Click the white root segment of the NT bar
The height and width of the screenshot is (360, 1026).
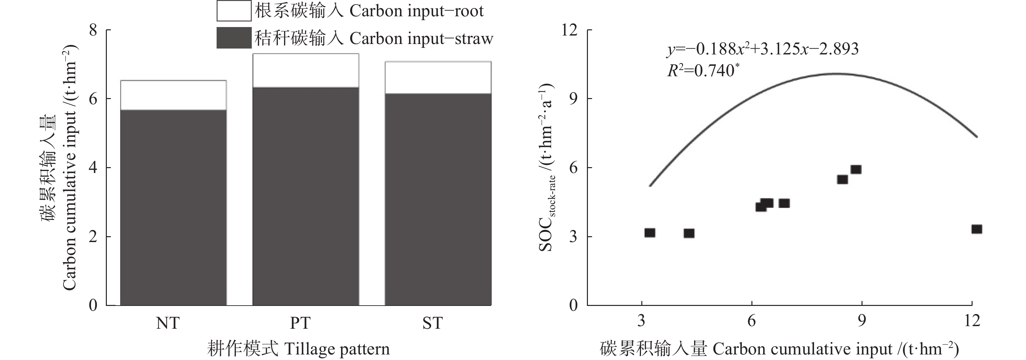(x=173, y=95)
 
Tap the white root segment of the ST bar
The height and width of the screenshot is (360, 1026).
(x=438, y=78)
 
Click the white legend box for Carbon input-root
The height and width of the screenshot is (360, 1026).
(x=234, y=11)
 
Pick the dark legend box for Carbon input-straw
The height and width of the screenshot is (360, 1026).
(x=234, y=38)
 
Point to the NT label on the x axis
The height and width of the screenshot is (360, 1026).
(x=168, y=323)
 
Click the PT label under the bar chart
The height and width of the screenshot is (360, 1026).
(x=300, y=323)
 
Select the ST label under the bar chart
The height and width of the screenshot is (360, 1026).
(x=432, y=323)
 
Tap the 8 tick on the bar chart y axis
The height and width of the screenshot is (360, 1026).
(x=93, y=30)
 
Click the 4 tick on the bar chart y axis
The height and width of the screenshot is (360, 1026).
(x=93, y=168)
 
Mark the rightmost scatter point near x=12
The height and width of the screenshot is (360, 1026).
(x=976, y=229)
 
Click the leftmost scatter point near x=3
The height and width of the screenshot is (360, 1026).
(x=649, y=233)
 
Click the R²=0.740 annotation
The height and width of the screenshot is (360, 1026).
(x=701, y=70)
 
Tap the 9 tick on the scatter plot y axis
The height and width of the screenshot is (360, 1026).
(x=573, y=99)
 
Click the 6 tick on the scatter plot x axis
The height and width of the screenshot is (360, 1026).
(x=751, y=321)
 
